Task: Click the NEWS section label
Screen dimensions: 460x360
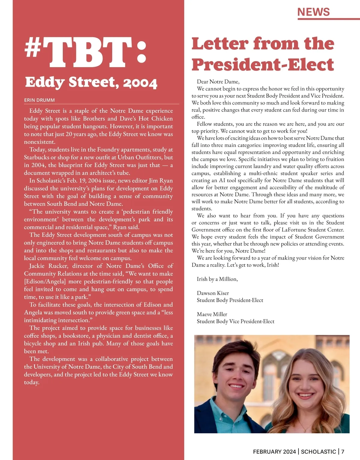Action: tap(313, 12)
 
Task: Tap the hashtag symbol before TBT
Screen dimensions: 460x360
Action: tap(33, 48)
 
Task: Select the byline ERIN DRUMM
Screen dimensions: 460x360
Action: tap(39, 100)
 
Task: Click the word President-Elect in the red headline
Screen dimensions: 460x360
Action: tap(263, 64)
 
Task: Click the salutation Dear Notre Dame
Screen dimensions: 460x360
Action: tap(218, 82)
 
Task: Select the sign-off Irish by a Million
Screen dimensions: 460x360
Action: tap(217, 279)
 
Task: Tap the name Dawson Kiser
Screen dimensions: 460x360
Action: tap(213, 293)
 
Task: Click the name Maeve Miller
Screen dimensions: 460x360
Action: tap(212, 314)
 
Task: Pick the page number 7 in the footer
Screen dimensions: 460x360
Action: tap(343, 452)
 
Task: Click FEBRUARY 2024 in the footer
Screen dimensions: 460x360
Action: tap(274, 452)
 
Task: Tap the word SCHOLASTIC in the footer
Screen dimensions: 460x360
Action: tap(318, 452)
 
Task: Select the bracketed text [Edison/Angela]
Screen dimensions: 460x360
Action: tap(45, 281)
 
